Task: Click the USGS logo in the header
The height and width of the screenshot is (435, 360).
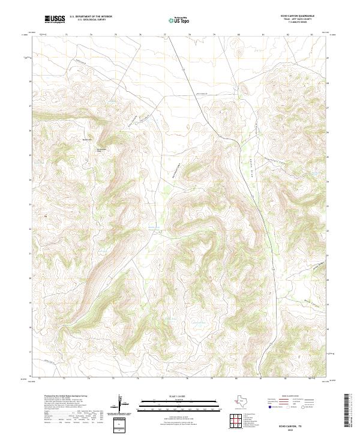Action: (x=55, y=19)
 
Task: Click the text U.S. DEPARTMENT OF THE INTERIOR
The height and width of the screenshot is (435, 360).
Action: (x=91, y=17)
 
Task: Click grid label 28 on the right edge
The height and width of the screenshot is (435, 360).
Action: (x=328, y=81)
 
